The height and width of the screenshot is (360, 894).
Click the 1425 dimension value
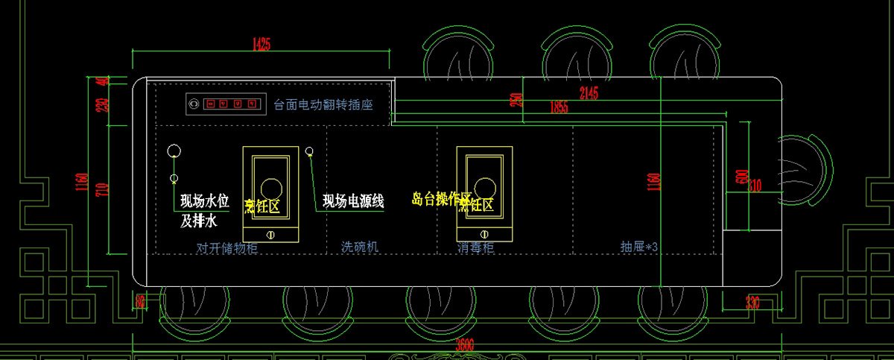point(261,43)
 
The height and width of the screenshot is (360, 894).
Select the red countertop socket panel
point(225,104)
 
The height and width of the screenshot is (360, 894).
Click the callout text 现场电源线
point(353,201)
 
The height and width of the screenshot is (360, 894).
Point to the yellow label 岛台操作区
point(443,198)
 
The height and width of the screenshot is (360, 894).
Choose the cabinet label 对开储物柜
point(226,247)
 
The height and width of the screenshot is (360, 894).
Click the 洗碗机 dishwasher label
point(360,246)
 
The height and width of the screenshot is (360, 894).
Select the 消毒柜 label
point(475,246)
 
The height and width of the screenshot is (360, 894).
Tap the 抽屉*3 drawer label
point(639,246)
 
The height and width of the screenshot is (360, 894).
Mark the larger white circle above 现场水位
point(174,152)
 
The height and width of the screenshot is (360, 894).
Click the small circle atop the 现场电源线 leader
point(309,152)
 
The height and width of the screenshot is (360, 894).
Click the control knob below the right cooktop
point(483,236)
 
